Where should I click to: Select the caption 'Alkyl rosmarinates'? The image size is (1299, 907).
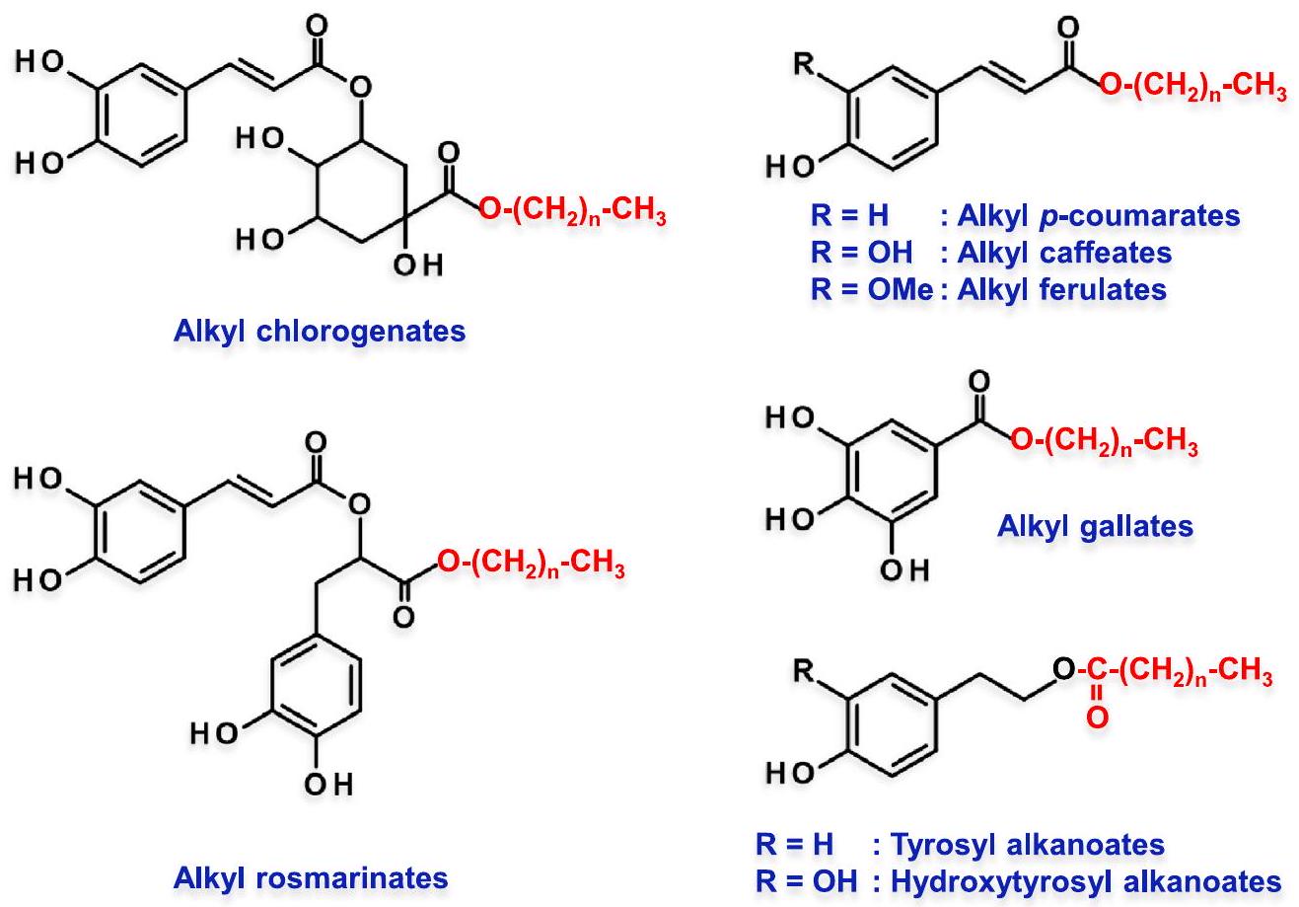pyautogui.click(x=311, y=877)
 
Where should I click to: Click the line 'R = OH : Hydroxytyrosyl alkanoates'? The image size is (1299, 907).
pyautogui.click(x=1010, y=880)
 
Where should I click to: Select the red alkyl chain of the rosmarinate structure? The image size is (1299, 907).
pyautogui.click(x=531, y=569)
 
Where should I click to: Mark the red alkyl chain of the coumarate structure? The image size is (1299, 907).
pyautogui.click(x=1191, y=93)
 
